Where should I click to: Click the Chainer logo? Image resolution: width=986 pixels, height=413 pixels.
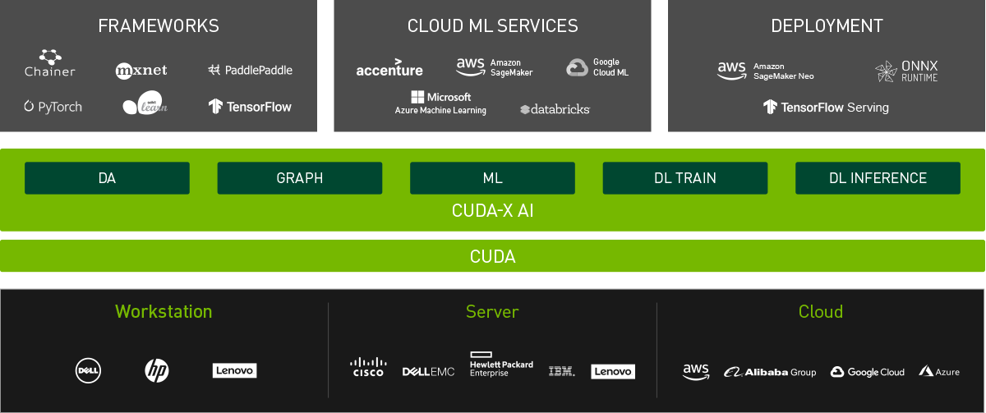pyautogui.click(x=50, y=63)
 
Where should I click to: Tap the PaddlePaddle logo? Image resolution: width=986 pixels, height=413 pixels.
pyautogui.click(x=251, y=70)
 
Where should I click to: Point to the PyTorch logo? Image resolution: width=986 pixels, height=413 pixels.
pyautogui.click(x=53, y=107)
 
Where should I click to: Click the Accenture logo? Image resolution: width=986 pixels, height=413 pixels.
pyautogui.click(x=389, y=68)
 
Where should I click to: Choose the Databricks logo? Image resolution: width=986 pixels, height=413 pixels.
pyautogui.click(x=555, y=108)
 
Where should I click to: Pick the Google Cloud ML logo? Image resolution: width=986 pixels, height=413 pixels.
pyautogui.click(x=597, y=67)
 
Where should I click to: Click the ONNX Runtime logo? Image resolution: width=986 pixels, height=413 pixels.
pyautogui.click(x=906, y=71)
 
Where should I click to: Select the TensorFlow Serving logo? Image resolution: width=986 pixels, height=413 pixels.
pyautogui.click(x=826, y=107)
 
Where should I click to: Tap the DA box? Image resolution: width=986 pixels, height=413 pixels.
pyautogui.click(x=107, y=178)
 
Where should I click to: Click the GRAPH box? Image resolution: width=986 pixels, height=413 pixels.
pyautogui.click(x=299, y=178)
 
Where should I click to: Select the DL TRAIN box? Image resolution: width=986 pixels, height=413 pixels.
pyautogui.click(x=684, y=178)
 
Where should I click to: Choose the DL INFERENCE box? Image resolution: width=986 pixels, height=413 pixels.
pyautogui.click(x=878, y=178)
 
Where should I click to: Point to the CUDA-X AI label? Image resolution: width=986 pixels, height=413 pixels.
pyautogui.click(x=493, y=211)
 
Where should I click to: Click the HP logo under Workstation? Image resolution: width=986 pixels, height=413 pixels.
pyautogui.click(x=157, y=371)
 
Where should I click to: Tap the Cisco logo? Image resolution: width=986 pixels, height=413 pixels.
pyautogui.click(x=368, y=367)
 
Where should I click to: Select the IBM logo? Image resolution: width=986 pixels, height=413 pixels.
pyautogui.click(x=562, y=371)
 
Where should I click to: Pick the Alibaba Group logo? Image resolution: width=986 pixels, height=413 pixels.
pyautogui.click(x=770, y=372)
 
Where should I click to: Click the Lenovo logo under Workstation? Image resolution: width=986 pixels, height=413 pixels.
pyautogui.click(x=234, y=371)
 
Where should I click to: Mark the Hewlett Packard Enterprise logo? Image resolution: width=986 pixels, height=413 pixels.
pyautogui.click(x=501, y=365)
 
